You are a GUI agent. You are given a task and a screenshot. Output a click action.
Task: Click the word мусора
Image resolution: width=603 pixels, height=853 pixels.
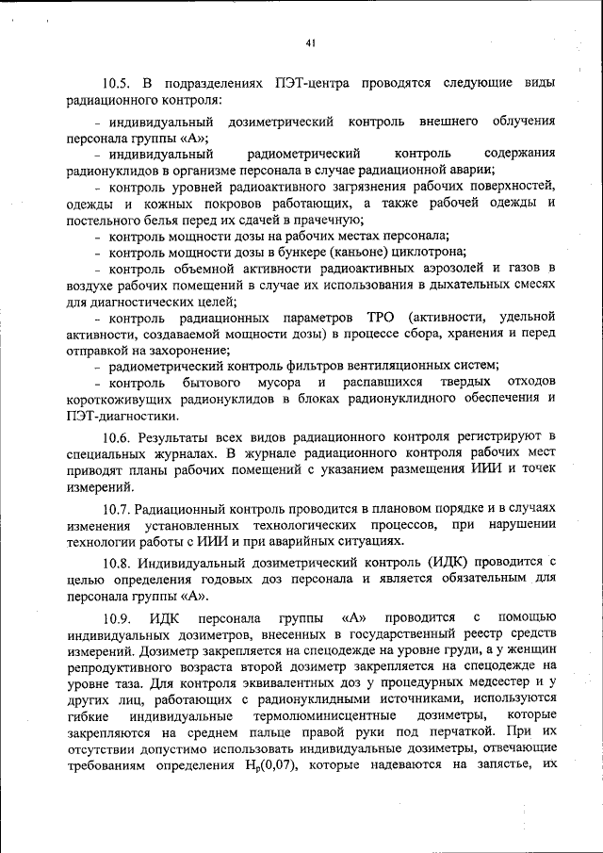279,384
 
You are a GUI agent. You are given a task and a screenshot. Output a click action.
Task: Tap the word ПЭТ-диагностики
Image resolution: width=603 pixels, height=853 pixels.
122,417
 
